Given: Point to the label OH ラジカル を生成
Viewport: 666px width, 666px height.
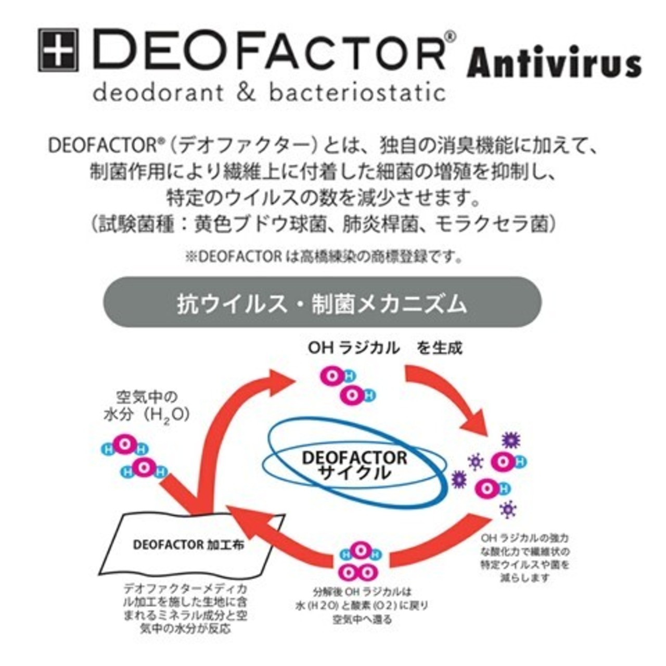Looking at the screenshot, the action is click(385, 348).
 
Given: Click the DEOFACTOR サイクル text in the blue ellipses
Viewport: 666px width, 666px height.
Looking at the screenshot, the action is click(354, 465).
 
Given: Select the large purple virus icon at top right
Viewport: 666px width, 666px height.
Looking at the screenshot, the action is click(511, 440).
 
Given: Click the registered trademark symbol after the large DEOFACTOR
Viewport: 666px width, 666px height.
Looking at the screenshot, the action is click(451, 37).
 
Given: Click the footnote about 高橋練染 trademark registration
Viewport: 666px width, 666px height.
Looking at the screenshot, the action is click(323, 257).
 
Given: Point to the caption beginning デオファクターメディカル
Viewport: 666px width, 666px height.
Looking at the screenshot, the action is click(185, 609).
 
